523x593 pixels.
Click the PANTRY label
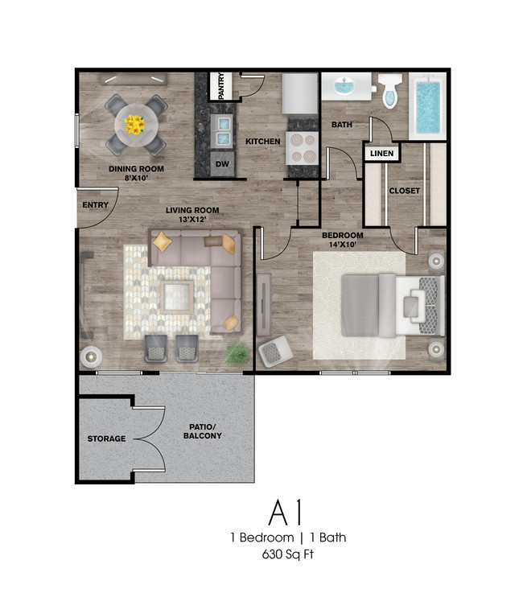[x=221, y=86]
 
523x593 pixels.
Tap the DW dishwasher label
[x=222, y=164]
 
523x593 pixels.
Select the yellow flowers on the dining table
[x=135, y=125]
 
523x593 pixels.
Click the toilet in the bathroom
[x=390, y=91]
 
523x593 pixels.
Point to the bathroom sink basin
[x=344, y=87]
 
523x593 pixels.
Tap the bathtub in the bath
[x=428, y=106]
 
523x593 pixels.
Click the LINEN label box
[x=382, y=153]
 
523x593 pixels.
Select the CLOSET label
[x=404, y=191]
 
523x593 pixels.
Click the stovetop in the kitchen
[x=303, y=148]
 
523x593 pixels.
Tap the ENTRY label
[x=95, y=204]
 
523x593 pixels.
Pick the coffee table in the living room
[x=176, y=297]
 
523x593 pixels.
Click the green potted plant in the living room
[x=237, y=353]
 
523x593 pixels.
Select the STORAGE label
[x=106, y=439]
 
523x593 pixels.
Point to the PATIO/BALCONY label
[x=202, y=431]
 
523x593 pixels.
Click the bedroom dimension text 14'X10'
[x=342, y=245]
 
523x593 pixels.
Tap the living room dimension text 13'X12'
[x=192, y=220]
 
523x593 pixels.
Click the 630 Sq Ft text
[x=288, y=554]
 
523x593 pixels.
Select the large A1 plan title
[x=286, y=513]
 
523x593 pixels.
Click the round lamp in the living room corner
[x=91, y=356]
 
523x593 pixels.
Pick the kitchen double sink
[x=221, y=130]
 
